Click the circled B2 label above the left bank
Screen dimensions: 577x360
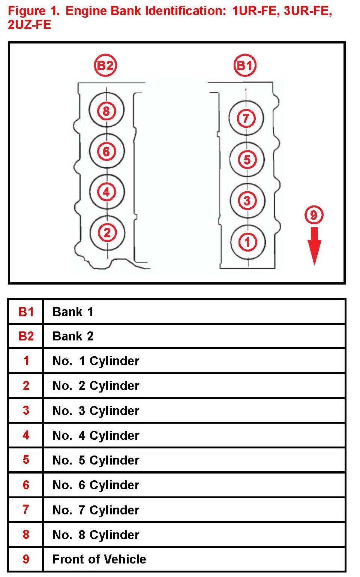tap(105, 66)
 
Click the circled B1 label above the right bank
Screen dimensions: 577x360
tap(245, 66)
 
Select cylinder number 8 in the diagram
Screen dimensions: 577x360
tap(106, 111)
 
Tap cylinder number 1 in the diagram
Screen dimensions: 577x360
tap(247, 242)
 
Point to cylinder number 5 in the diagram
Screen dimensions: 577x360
tap(247, 160)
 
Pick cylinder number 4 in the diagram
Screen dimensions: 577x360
tap(106, 192)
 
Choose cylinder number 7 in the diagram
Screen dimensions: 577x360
tap(246, 118)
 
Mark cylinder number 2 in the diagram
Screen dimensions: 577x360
tap(107, 233)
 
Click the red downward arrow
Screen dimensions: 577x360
tap(314, 245)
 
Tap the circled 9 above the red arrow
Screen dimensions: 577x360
tap(314, 215)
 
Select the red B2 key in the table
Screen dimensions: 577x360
tap(26, 336)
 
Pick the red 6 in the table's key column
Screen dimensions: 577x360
tap(26, 485)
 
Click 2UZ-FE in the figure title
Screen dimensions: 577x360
tap(29, 25)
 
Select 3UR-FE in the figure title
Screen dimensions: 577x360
tap(307, 11)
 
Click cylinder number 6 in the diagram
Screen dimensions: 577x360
tap(106, 151)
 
